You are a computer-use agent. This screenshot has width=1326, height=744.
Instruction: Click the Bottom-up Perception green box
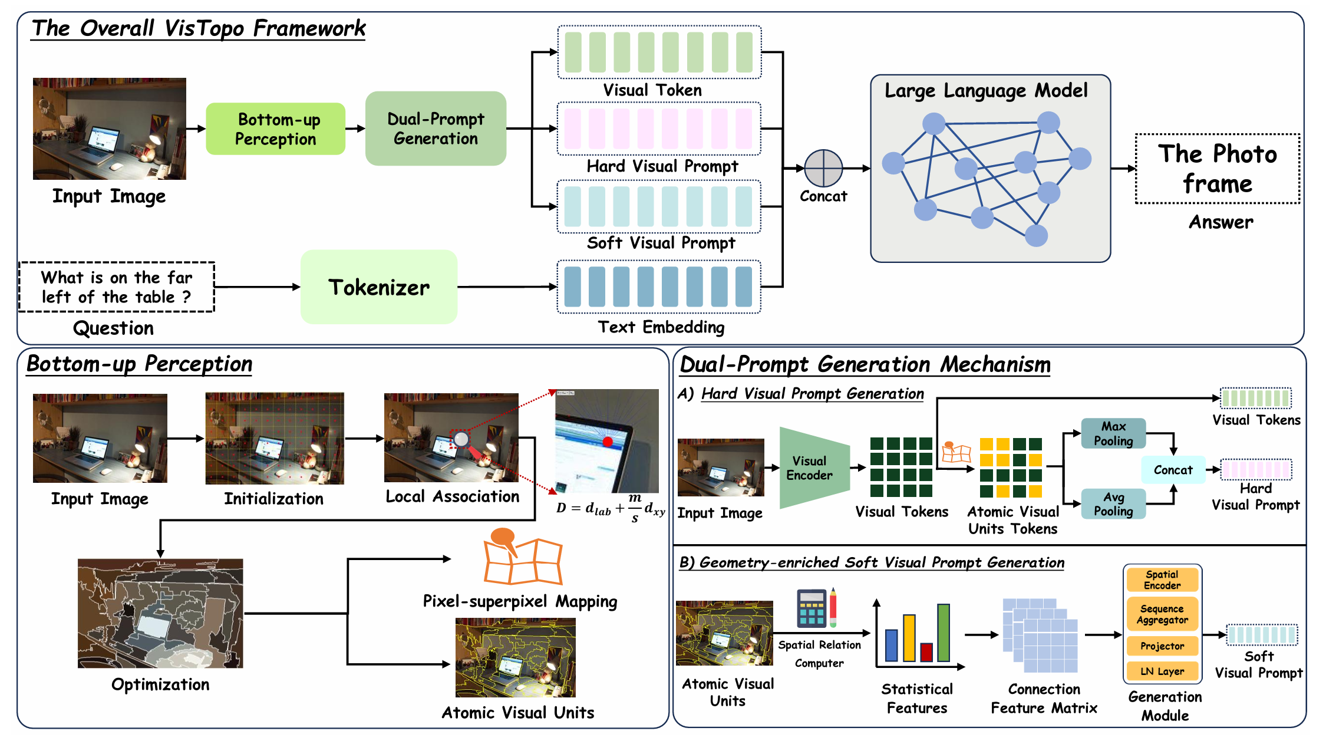point(275,129)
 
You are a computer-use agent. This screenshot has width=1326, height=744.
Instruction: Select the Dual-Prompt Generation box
point(436,129)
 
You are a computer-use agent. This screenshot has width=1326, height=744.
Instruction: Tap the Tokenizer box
point(379,287)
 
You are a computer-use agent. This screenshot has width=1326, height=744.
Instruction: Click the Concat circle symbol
point(823,169)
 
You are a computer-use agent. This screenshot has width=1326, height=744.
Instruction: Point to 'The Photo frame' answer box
point(1217,169)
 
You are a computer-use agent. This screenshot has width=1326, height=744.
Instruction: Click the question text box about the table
point(117,287)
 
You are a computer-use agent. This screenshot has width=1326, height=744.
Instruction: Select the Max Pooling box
point(1113,434)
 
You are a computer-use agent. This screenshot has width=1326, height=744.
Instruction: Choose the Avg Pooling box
point(1113,505)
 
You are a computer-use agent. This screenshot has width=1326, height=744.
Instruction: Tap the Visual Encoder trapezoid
point(813,468)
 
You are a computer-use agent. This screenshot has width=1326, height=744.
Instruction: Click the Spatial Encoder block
point(1162,580)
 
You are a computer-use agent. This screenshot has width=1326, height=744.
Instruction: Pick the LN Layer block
point(1162,671)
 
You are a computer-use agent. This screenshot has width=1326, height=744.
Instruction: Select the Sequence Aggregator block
point(1162,614)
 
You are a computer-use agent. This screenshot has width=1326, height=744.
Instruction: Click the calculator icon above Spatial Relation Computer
point(812,608)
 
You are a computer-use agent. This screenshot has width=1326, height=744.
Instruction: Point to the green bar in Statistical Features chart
point(943,633)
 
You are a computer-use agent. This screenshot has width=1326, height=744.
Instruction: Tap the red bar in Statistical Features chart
point(926,652)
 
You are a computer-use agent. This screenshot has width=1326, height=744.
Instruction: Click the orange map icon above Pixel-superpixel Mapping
point(522,558)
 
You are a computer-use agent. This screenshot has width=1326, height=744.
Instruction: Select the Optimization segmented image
point(160,614)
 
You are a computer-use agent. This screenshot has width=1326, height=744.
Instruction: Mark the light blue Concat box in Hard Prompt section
point(1173,470)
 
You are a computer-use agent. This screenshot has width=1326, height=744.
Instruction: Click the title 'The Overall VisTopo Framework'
point(199,28)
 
